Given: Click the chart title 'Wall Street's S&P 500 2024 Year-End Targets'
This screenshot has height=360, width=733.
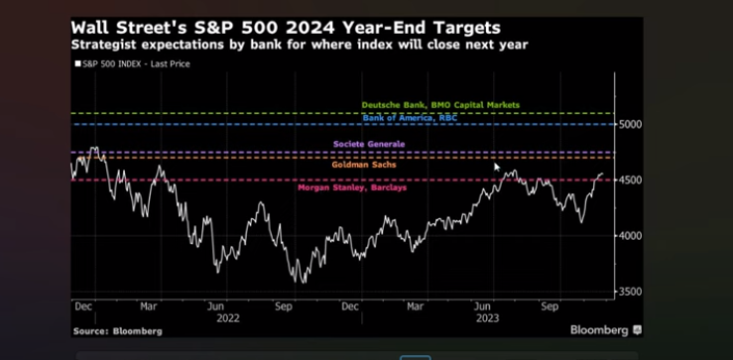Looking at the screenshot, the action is [x=286, y=28].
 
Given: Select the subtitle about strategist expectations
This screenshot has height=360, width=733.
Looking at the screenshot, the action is [x=300, y=45].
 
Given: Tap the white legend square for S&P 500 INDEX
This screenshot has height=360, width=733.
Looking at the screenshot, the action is [x=77, y=64].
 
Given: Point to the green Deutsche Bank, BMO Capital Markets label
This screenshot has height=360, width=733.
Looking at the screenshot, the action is [x=440, y=105].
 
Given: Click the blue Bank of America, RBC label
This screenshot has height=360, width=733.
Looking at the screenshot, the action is [x=410, y=118].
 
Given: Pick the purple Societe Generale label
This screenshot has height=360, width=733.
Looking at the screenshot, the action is [x=369, y=144].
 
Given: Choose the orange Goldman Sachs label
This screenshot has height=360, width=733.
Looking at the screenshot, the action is [x=364, y=165].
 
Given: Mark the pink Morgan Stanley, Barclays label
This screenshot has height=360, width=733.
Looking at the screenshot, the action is [x=352, y=187].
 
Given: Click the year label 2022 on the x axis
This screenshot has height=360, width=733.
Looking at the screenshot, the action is [x=228, y=318].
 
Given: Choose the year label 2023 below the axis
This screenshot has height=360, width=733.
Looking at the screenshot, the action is [x=487, y=318].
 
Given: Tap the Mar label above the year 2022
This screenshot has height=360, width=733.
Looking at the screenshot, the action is [x=149, y=306].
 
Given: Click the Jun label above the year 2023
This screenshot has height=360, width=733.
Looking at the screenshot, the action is [x=482, y=306].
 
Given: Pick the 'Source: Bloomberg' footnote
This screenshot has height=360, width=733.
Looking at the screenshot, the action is [x=117, y=331].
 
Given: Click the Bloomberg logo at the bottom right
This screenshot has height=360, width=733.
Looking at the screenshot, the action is [x=606, y=330].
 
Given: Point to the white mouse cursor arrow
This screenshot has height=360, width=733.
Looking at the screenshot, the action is [x=497, y=167].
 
